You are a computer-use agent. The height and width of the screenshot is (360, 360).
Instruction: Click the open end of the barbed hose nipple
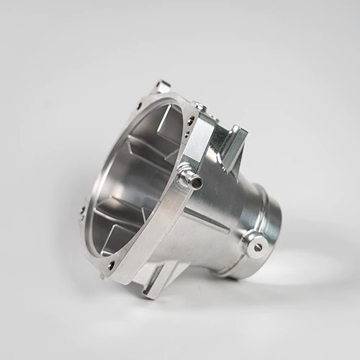197,181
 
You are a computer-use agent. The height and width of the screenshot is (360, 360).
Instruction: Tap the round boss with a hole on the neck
257,246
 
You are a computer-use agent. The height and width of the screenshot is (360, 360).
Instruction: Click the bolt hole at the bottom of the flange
111,264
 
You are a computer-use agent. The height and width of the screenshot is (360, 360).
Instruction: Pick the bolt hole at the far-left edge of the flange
82,211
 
